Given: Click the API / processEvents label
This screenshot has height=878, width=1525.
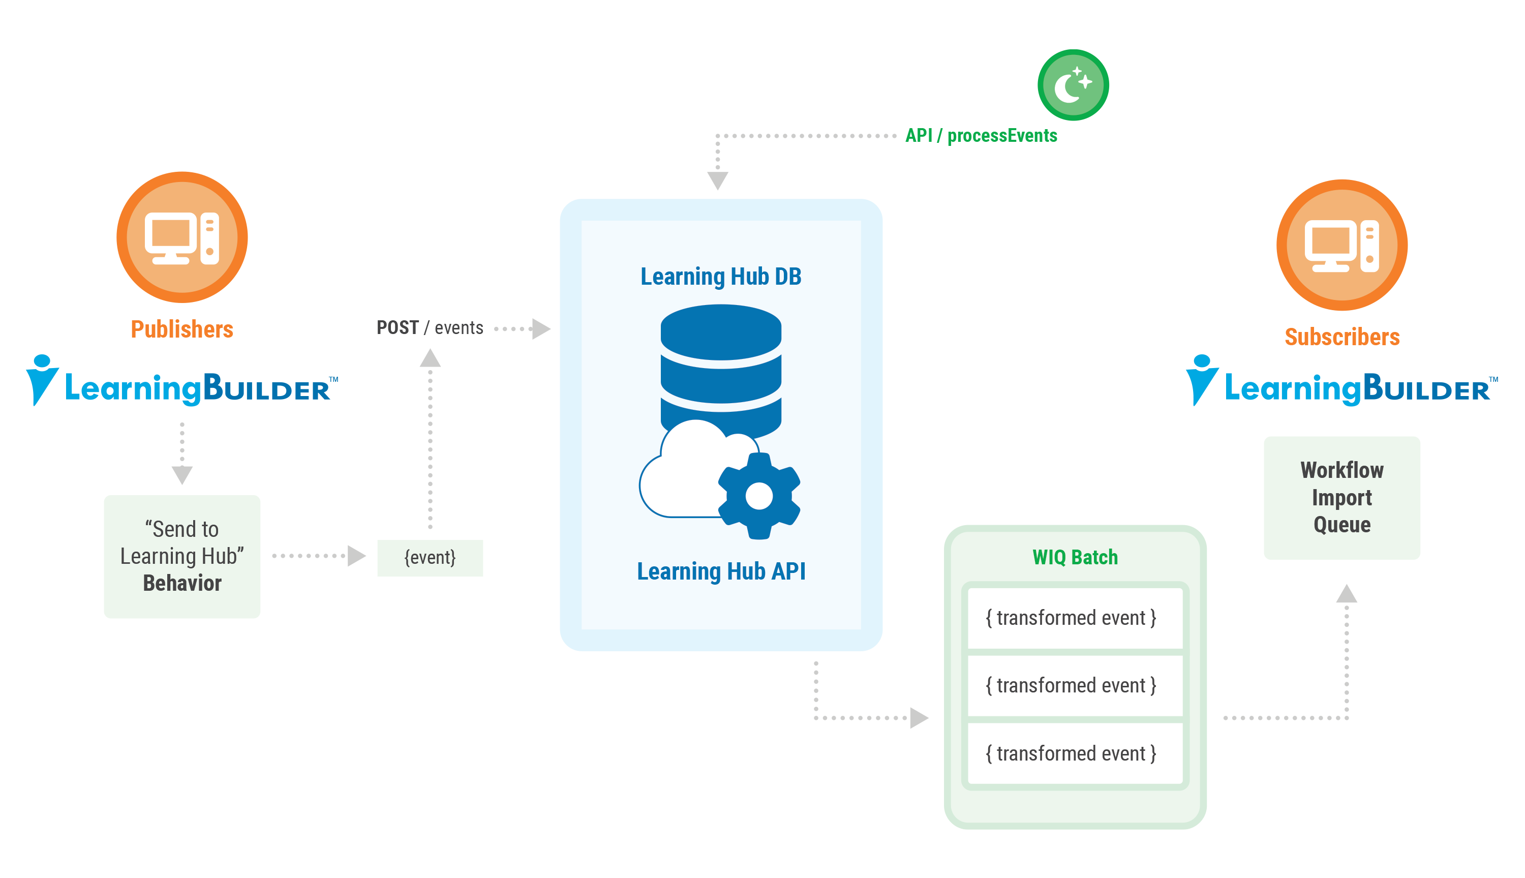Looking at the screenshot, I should (981, 136).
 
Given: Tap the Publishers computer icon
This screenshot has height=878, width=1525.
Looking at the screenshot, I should (182, 237).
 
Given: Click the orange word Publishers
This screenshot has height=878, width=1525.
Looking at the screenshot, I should (181, 329).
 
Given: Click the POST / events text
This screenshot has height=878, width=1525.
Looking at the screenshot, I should (429, 327).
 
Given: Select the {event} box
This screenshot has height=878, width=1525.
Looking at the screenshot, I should (429, 558).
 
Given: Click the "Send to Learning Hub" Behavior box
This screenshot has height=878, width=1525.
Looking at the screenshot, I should (182, 556).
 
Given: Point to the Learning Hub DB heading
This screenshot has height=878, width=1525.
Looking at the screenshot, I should (720, 277).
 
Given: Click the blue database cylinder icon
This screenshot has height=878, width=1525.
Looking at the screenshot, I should (720, 362).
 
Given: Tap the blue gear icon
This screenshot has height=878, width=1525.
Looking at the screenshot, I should (759, 496).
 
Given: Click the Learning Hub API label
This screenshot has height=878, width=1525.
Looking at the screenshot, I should (720, 571).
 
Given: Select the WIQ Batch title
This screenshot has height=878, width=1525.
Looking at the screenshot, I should (1075, 557).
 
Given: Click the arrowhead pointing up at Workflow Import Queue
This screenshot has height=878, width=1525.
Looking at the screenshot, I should (1346, 594).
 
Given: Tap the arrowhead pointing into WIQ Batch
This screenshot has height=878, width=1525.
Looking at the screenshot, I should (919, 717).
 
